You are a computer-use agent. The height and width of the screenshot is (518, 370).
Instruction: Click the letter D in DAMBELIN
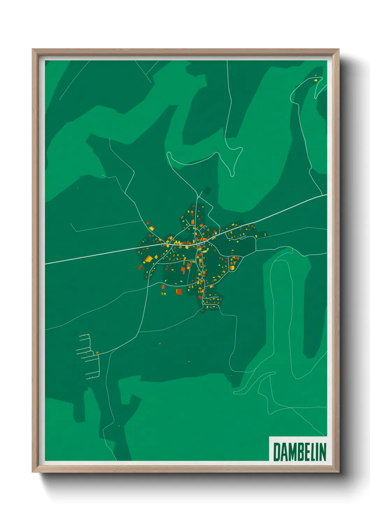pos(277,452)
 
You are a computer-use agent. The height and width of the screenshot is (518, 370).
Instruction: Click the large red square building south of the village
pos(179,291)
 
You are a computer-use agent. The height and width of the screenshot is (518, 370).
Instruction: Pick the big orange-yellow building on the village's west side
pos(149,259)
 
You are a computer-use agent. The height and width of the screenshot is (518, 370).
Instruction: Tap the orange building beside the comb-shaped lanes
pos(97,352)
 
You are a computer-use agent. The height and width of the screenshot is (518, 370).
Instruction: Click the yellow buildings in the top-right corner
pos(316,80)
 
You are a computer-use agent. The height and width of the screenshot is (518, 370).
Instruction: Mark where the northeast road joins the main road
pos(322,196)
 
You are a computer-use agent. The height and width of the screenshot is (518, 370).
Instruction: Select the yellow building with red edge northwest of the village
pos(151,228)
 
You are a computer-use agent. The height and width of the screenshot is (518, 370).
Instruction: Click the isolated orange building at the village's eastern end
pos(265,234)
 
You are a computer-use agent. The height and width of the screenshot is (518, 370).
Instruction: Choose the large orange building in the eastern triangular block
pos(232,268)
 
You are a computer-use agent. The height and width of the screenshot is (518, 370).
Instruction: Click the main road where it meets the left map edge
pos(46,264)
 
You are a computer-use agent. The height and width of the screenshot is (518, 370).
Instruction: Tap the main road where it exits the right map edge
pos(326,195)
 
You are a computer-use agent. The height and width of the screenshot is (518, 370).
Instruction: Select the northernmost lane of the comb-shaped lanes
pos(84,335)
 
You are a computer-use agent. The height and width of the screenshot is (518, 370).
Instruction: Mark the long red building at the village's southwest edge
pos(141,267)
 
